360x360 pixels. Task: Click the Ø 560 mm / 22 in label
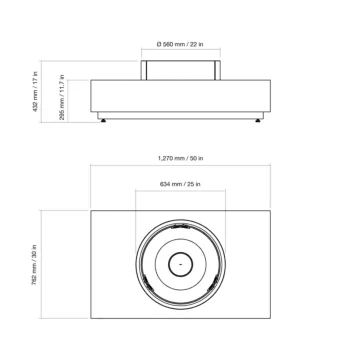[x=182, y=46]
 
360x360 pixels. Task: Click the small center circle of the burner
[x=180, y=265]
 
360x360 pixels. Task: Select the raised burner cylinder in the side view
[x=180, y=70]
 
